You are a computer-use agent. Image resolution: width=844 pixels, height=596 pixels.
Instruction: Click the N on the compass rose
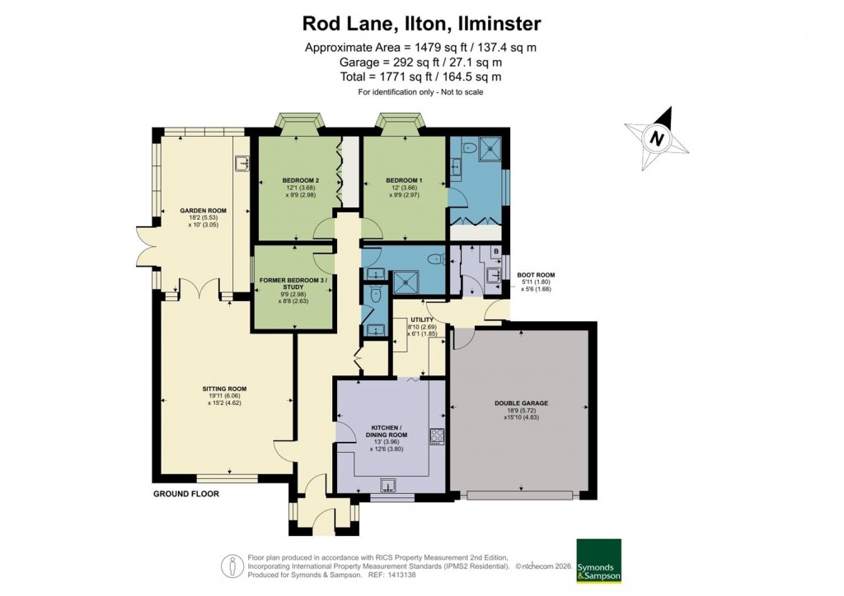pyautogui.click(x=657, y=138)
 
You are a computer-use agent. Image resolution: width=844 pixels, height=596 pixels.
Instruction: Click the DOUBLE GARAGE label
pyautogui.click(x=521, y=403)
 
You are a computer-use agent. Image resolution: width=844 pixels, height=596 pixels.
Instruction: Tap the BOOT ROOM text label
pyautogui.click(x=536, y=275)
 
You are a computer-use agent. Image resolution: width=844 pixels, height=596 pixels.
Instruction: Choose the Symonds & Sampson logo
pyautogui.click(x=598, y=561)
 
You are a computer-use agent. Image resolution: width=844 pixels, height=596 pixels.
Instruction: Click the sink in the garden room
pyautogui.click(x=242, y=165)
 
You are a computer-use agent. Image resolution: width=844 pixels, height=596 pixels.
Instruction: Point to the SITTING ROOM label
pyautogui.click(x=224, y=389)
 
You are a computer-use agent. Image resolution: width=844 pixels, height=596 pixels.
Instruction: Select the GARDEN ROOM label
pyautogui.click(x=203, y=211)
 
